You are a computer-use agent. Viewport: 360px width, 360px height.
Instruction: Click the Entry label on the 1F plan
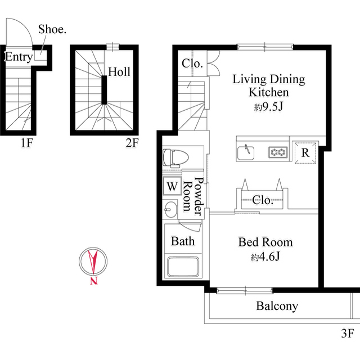tap(18, 57)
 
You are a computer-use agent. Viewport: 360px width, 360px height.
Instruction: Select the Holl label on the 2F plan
tap(119, 72)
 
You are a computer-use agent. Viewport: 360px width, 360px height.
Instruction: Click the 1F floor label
tap(26, 143)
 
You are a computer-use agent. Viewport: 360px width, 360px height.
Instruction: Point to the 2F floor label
tap(132, 143)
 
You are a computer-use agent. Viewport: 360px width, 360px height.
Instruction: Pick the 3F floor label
tap(347, 333)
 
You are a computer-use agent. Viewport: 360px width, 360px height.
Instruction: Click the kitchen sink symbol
tap(245, 151)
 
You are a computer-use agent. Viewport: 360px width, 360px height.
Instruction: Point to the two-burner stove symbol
tap(277, 151)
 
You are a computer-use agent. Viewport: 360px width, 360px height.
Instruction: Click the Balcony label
tap(277, 307)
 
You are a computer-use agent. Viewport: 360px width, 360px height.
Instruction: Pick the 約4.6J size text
tap(265, 258)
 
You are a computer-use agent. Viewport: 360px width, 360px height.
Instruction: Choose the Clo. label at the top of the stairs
tap(192, 64)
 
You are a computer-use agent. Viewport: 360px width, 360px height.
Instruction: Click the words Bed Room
tap(265, 242)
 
